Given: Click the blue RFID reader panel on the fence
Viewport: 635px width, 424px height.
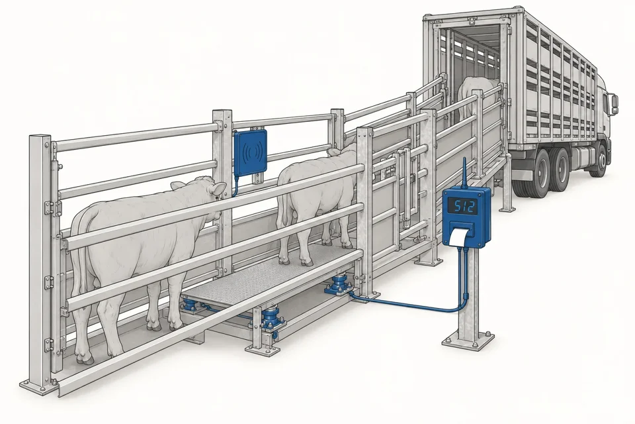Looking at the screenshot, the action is tap(251, 152).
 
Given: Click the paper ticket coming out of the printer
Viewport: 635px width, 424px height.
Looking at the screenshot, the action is tap(460, 237).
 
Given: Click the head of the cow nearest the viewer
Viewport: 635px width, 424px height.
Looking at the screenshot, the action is tap(210, 193).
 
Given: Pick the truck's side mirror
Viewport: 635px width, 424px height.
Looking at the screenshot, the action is tap(614, 104).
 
